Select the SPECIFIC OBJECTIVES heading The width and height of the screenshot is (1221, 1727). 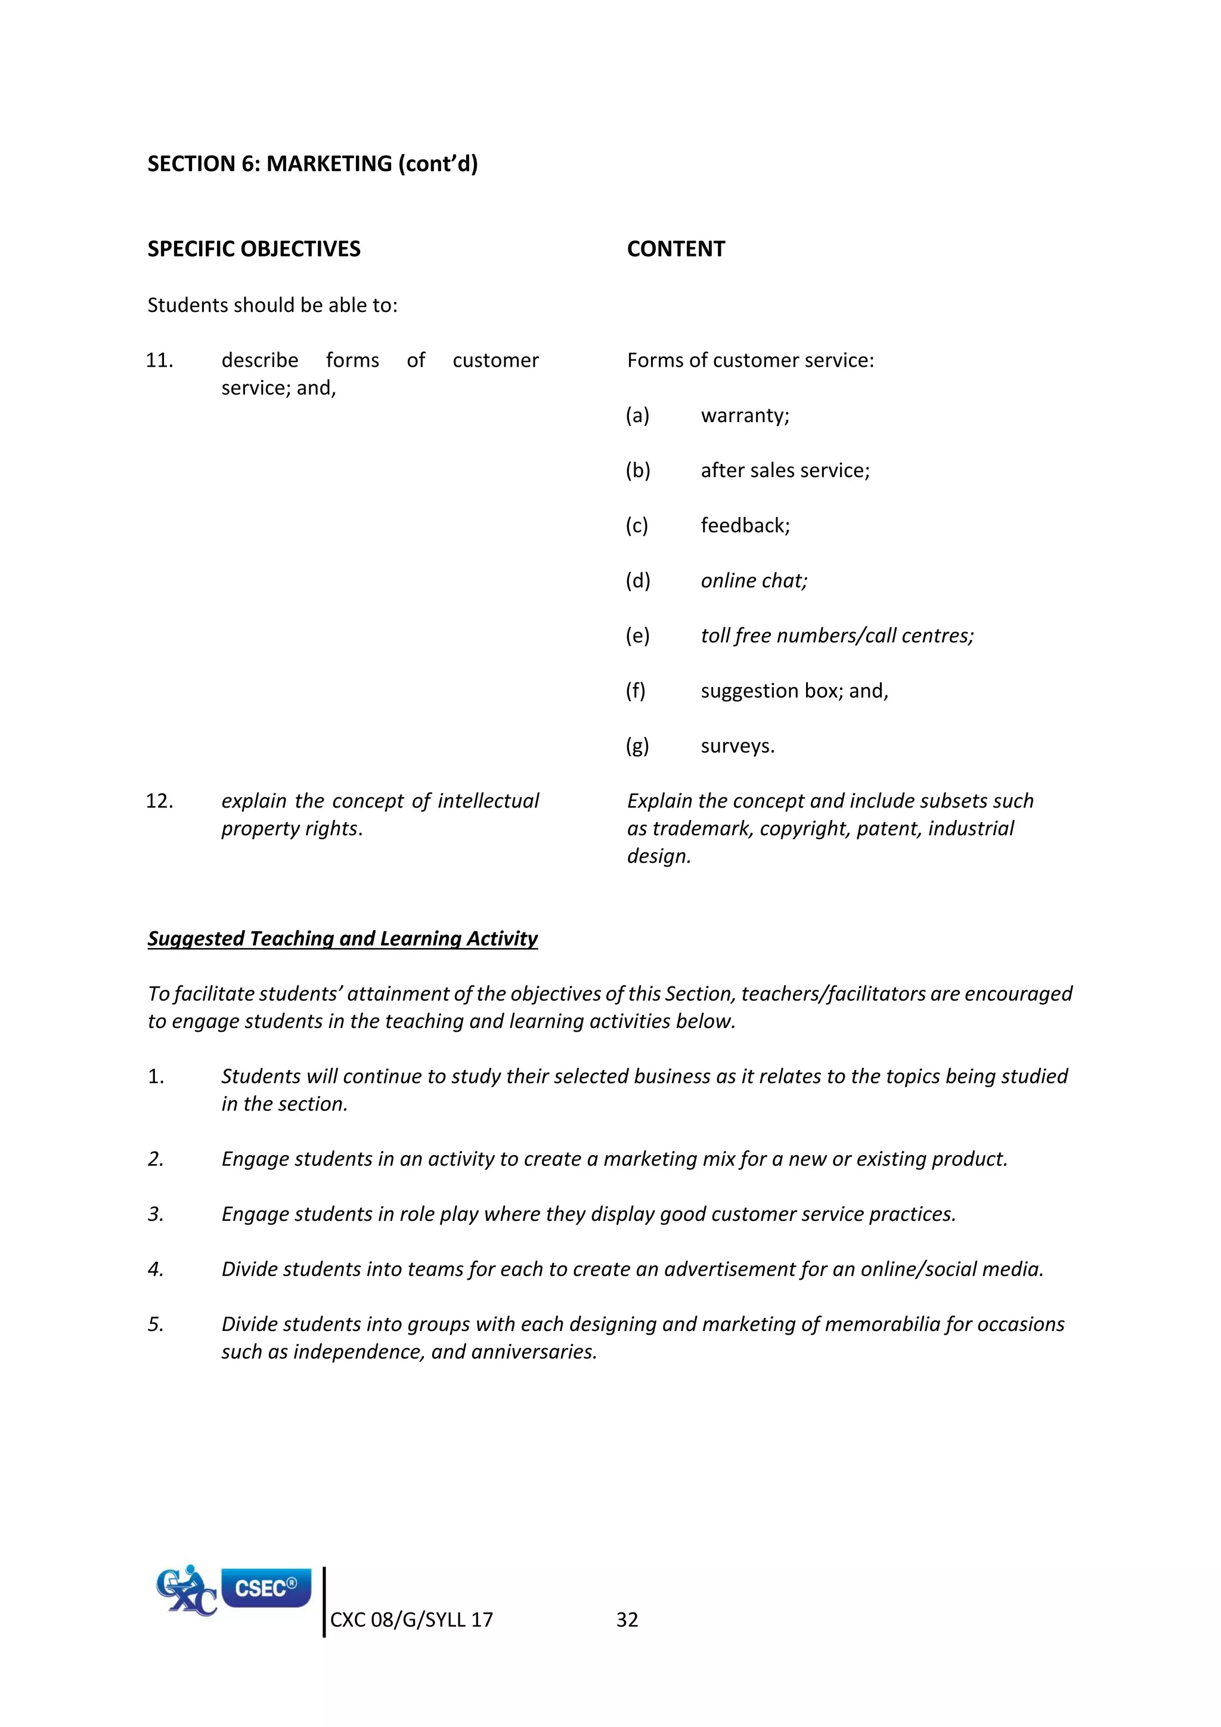tap(253, 249)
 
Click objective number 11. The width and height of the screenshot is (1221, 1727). tap(159, 360)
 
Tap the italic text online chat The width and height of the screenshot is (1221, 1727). tap(754, 581)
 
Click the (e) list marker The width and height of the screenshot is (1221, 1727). tap(637, 636)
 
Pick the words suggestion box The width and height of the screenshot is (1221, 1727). tap(768, 691)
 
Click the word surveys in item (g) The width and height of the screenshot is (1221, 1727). tap(737, 746)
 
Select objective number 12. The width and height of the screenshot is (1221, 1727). tap(159, 801)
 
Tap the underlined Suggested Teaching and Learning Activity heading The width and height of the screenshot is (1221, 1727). tap(342, 939)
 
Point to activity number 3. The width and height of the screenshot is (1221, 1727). tap(156, 1214)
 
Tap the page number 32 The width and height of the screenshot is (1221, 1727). tap(627, 1620)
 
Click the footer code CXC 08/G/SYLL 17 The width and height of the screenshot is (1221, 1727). tap(411, 1620)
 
